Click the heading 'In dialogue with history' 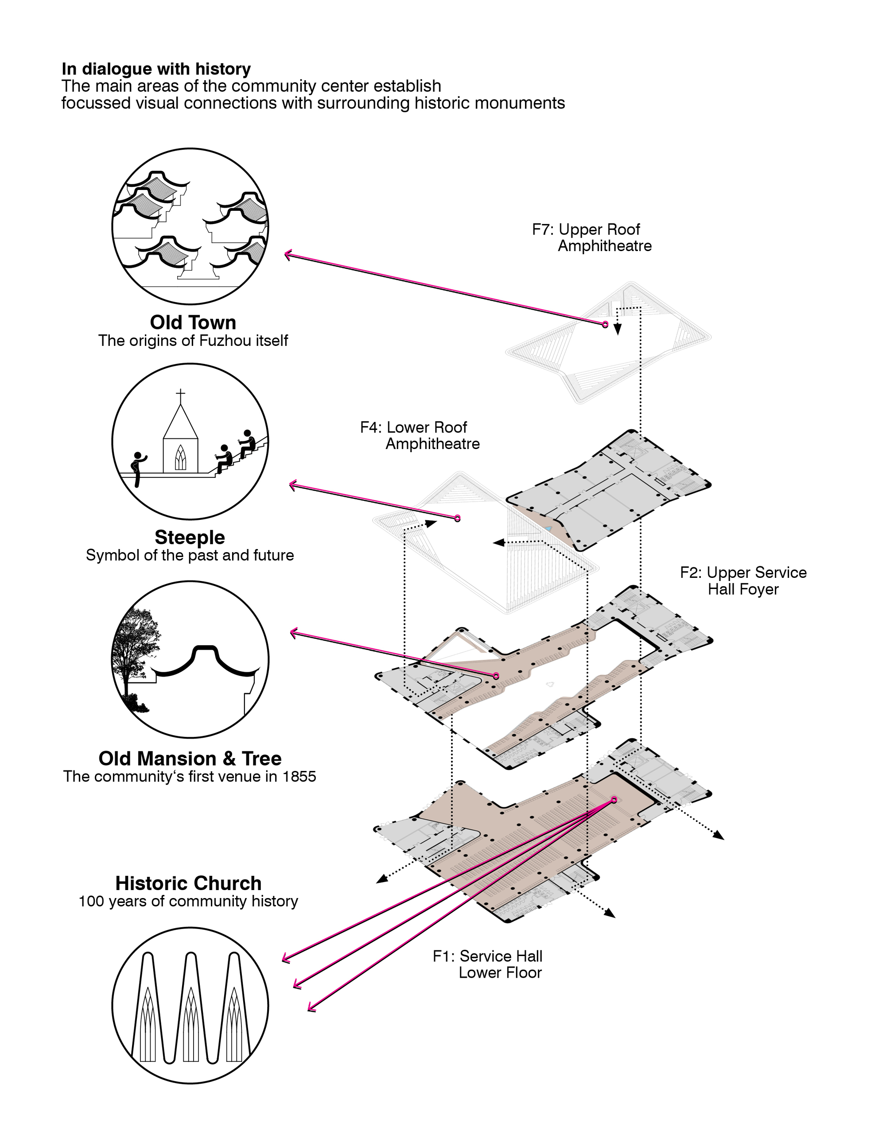pos(156,69)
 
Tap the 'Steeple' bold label pos(190,537)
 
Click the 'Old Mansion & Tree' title pos(190,758)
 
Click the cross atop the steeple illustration pos(181,394)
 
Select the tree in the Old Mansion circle pos(134,650)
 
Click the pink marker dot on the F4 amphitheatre pos(458,519)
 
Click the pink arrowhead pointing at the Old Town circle pos(287,255)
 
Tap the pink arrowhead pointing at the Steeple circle pos(293,485)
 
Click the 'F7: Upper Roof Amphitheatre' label pos(591,237)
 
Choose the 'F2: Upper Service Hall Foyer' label pos(743,581)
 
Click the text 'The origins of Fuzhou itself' pos(193,341)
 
